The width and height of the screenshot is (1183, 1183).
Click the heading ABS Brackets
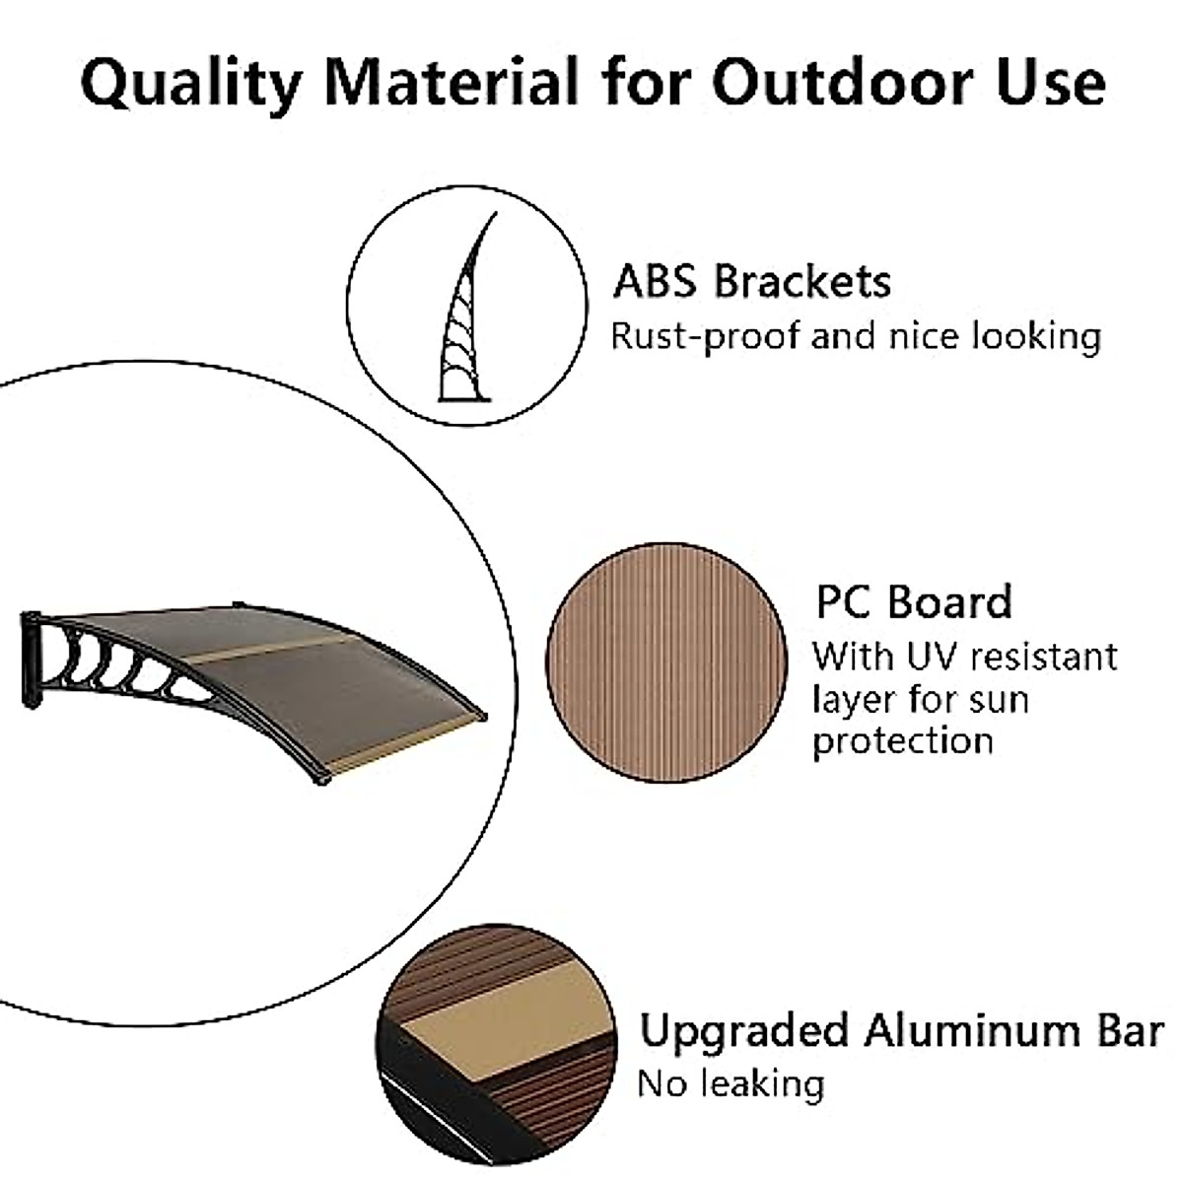pos(751,281)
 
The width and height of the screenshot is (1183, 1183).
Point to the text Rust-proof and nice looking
pos(855,336)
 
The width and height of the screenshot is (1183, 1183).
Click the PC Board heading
pos(913,602)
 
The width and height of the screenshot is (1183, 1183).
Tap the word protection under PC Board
pos(902,741)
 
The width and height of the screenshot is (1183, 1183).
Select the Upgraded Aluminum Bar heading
pos(900,1031)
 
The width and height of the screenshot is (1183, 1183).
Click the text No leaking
pos(731,1083)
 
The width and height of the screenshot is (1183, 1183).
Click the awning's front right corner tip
pos(483,717)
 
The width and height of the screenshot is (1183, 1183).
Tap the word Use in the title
pos(1049,84)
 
